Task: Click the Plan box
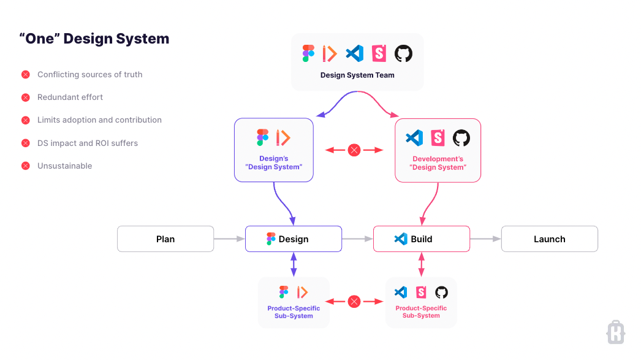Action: coord(165,239)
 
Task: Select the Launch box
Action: coord(549,239)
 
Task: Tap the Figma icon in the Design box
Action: coord(271,239)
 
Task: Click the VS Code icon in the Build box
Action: coord(401,239)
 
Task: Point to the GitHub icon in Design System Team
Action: coord(403,53)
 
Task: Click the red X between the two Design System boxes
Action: coord(354,150)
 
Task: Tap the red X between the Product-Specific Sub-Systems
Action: coord(354,301)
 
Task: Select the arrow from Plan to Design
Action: coord(229,239)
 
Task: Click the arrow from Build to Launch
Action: coord(485,239)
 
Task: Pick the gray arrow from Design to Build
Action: coord(357,239)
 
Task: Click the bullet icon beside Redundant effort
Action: coord(26,98)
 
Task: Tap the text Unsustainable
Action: coord(64,166)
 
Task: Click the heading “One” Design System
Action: coord(94,39)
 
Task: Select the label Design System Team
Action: coord(357,75)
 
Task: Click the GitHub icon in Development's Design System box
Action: coord(461,138)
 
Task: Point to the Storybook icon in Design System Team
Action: coord(379,53)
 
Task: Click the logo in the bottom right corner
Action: coord(615,332)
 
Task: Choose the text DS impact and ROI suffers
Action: coord(87,143)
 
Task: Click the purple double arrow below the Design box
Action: coord(294,264)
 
